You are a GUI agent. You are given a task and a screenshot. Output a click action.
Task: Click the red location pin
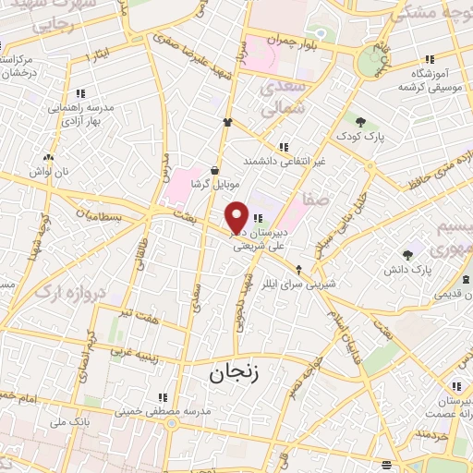tap(237, 216)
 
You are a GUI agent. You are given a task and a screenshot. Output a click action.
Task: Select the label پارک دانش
tap(409, 270)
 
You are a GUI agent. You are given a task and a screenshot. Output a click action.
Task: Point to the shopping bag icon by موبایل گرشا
tap(214, 170)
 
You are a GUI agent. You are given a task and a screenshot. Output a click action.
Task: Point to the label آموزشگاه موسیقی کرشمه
tap(428, 79)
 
